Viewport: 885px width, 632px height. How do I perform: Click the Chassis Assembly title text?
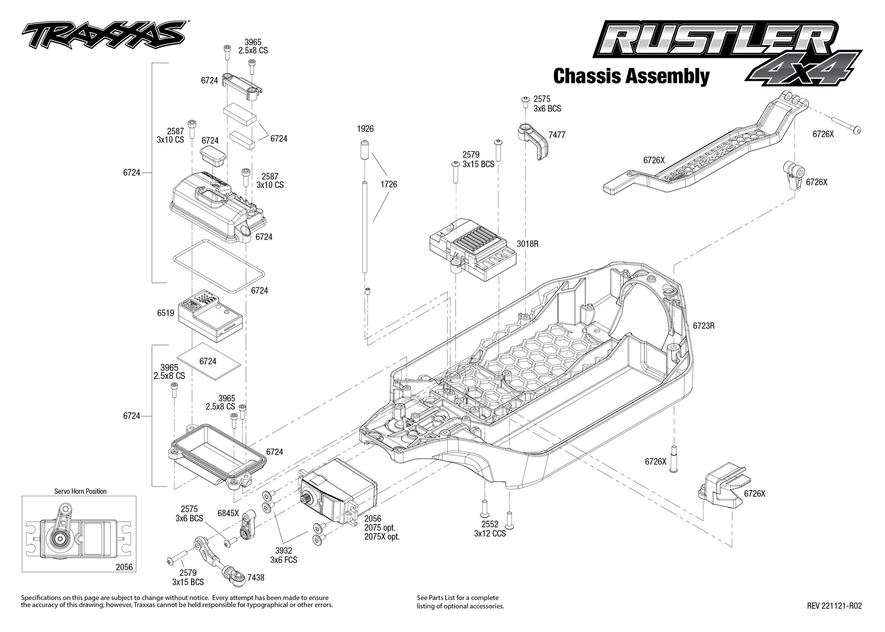(631, 76)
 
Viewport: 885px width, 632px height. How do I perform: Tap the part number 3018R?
(528, 244)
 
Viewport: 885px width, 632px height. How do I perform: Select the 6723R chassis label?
(704, 326)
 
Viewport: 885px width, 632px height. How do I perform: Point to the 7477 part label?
(557, 135)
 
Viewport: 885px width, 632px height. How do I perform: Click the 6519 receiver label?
(166, 313)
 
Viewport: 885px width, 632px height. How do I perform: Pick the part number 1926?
(365, 129)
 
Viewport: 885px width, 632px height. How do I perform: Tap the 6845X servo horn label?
(228, 513)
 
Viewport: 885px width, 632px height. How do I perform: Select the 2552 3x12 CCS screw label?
(490, 529)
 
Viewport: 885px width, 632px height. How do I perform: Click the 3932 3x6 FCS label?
(283, 556)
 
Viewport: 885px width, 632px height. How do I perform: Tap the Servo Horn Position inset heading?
(80, 491)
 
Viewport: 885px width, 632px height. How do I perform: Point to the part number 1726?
(388, 184)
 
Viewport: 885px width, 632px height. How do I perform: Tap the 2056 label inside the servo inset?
(124, 567)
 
